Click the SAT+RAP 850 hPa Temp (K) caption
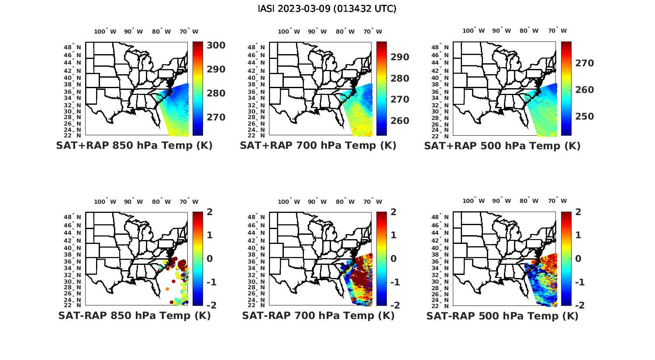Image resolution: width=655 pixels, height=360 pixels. (134, 146)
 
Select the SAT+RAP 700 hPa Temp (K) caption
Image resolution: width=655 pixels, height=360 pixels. (318, 146)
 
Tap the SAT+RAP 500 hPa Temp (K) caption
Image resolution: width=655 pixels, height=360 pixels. (502, 146)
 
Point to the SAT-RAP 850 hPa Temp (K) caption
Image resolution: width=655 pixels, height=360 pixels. (134, 316)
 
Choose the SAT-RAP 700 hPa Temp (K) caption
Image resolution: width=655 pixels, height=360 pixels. (318, 316)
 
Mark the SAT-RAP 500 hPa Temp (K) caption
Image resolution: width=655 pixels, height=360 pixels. (502, 316)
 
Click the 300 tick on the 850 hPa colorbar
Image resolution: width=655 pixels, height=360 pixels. (216, 45)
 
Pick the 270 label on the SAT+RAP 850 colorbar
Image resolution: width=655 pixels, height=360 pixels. (216, 117)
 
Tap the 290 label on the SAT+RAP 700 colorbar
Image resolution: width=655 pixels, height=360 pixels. (400, 57)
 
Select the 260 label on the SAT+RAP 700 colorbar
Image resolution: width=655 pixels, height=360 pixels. (400, 121)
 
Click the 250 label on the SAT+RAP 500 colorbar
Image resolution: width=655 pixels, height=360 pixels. (584, 117)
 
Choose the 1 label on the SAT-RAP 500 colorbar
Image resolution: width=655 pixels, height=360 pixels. (578, 235)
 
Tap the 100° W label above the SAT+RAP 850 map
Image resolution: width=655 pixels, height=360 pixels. (105, 31)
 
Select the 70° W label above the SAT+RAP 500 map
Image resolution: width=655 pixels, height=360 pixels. (558, 31)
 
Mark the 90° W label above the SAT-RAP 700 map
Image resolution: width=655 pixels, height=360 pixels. (317, 202)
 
